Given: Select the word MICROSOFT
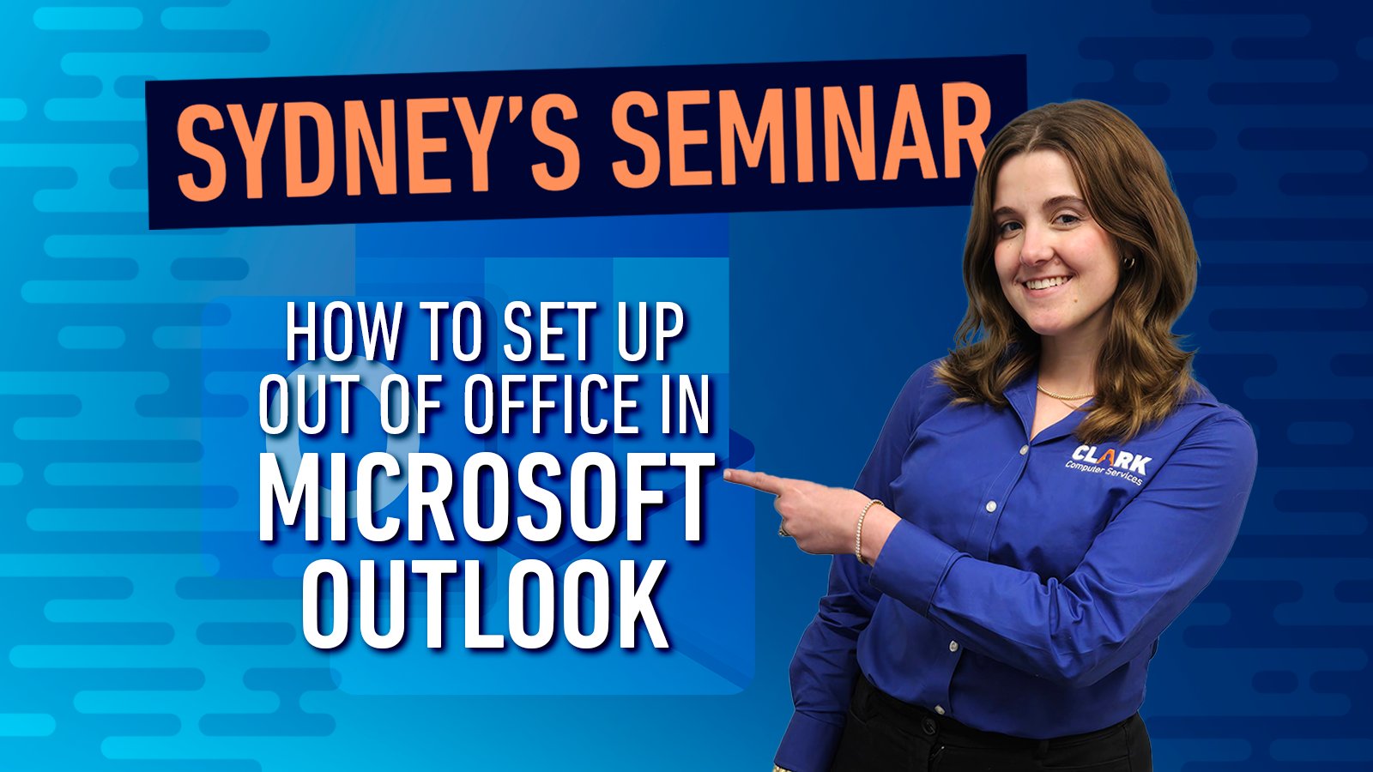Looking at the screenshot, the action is pyautogui.click(x=487, y=498).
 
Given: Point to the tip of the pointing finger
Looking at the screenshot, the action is pyautogui.click(x=726, y=473).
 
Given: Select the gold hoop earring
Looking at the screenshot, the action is pyautogui.click(x=1128, y=262).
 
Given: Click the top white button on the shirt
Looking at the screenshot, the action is pyautogui.click(x=1024, y=450).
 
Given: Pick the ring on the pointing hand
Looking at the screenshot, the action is pyautogui.click(x=783, y=528).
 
